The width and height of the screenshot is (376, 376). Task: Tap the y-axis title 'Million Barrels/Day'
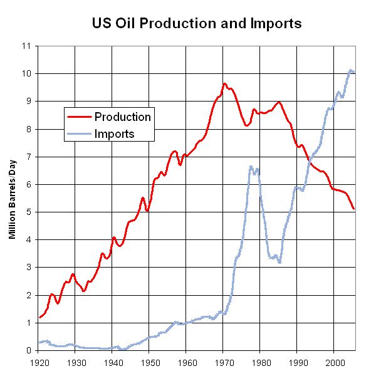pyautogui.click(x=13, y=198)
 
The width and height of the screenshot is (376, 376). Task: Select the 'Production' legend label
pyautogui.click(x=122, y=117)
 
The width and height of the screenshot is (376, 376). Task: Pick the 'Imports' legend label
pyautogui.click(x=114, y=133)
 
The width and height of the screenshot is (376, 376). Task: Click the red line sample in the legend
pyautogui.click(x=79, y=117)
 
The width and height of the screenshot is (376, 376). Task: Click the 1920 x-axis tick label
pyautogui.click(x=38, y=362)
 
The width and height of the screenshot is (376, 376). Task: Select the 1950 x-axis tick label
pyautogui.click(x=149, y=362)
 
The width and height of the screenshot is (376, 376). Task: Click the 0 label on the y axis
pyautogui.click(x=28, y=350)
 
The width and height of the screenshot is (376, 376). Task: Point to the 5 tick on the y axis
pyautogui.click(x=28, y=212)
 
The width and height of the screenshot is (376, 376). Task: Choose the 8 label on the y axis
pyautogui.click(x=28, y=129)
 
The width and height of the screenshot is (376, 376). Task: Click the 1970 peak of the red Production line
pyautogui.click(x=224, y=83)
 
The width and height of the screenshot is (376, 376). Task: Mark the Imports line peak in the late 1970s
pyautogui.click(x=251, y=166)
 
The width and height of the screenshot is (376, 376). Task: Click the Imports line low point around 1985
pyautogui.click(x=279, y=263)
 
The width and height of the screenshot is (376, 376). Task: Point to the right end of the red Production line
pyautogui.click(x=354, y=209)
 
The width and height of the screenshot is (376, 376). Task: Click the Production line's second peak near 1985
pyautogui.click(x=279, y=102)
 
